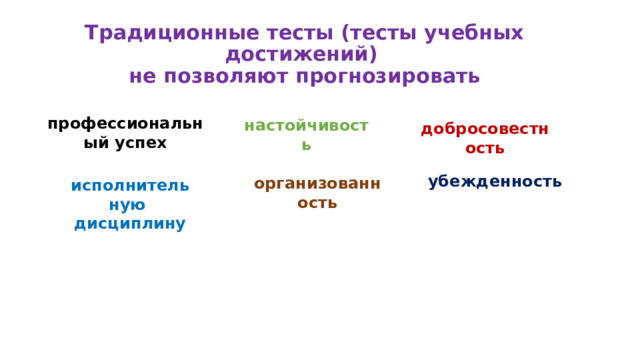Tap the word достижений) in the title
(301, 54)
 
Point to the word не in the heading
(142, 77)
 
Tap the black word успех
(139, 143)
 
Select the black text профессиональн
(125, 124)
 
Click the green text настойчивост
(306, 126)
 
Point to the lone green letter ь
(306, 146)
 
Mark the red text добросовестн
(484, 129)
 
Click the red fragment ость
(484, 149)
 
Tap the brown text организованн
(317, 184)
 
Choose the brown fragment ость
(317, 203)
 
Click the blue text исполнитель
(130, 186)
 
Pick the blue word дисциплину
(130, 224)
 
